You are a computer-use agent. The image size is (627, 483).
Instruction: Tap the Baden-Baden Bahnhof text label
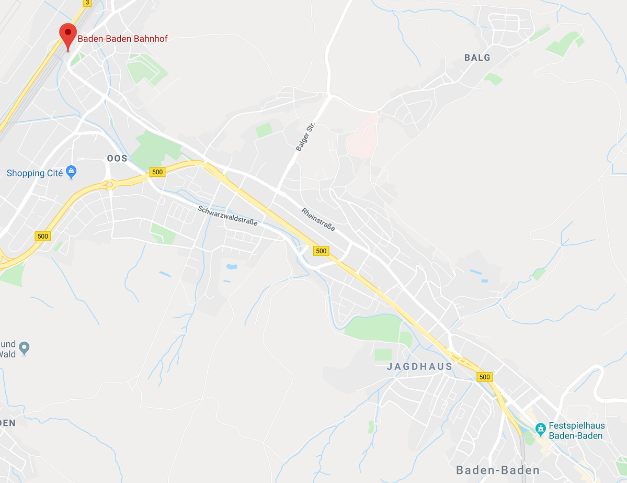[x=122, y=38]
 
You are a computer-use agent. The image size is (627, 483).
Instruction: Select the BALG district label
[x=477, y=58]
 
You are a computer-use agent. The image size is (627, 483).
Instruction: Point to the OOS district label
[x=117, y=158]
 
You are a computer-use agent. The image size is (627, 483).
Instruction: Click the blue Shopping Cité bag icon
[x=72, y=172]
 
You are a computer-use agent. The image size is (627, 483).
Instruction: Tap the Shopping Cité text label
[x=33, y=173]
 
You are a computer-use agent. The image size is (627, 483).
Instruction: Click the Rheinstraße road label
[x=318, y=220]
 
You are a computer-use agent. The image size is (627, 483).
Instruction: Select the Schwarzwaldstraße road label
[x=227, y=215]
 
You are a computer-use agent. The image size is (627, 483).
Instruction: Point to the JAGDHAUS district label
[x=419, y=366]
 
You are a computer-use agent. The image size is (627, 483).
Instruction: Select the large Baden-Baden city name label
[x=497, y=469]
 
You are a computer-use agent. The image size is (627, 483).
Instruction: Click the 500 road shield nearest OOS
[x=157, y=172]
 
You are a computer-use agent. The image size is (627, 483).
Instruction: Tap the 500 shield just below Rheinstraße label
[x=321, y=251]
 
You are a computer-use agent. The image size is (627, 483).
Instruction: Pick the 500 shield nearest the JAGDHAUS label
[x=484, y=377]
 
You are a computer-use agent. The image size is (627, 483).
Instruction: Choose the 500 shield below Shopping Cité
[x=43, y=236]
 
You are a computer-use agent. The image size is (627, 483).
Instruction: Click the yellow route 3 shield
[x=87, y=3]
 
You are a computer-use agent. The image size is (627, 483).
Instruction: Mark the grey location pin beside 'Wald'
[x=24, y=346]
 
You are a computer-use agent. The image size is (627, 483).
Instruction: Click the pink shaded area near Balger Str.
[x=362, y=137]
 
